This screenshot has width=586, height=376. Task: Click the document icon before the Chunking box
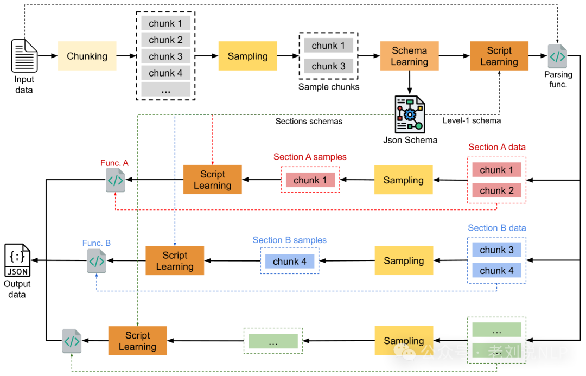coord(25,55)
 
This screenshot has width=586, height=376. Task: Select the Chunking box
coord(87,56)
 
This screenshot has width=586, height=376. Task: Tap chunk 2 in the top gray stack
coord(166,40)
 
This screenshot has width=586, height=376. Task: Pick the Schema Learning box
coord(409,56)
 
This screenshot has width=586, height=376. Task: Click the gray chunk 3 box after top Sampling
coord(328,66)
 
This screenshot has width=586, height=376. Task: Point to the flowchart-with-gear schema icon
coord(410,114)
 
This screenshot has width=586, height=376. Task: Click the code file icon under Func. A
coord(116,180)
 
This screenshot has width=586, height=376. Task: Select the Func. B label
coord(97,243)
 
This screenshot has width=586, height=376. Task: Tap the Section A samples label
coord(310,157)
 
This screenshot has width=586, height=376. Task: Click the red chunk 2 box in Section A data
coord(496,190)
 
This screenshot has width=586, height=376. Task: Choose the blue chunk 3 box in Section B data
coord(496,250)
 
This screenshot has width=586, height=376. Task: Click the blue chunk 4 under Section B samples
coord(290,262)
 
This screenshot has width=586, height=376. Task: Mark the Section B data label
coord(496,228)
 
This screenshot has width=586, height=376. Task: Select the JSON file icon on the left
coord(17,260)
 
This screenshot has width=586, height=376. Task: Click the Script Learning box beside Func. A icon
coord(212,180)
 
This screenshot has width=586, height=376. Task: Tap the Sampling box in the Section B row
coord(404,261)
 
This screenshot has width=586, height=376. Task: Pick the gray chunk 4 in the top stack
coord(166,73)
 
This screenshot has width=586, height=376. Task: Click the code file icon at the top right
coord(557,56)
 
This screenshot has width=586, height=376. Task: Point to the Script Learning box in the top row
coord(499,56)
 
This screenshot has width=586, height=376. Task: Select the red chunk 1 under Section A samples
coord(310,180)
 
